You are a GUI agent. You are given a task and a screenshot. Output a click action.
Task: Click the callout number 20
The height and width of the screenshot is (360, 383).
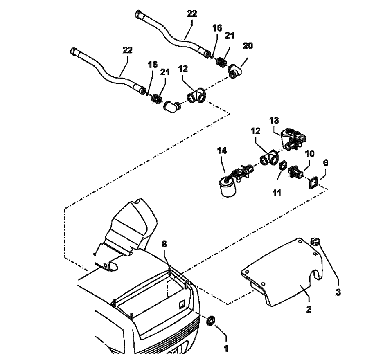(x=248, y=46)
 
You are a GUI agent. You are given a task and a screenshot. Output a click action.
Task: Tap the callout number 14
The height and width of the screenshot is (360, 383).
(x=222, y=151)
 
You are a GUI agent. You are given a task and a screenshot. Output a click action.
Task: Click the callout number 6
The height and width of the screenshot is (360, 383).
(x=325, y=163)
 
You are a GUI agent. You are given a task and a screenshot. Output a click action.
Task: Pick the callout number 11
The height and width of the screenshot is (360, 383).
(x=277, y=192)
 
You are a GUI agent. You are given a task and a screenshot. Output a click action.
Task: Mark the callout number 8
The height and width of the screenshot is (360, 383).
(x=164, y=244)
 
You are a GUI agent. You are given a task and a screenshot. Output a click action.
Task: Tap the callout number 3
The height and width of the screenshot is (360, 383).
(x=339, y=292)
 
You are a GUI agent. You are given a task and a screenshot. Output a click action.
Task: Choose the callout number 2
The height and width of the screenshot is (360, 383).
(x=309, y=309)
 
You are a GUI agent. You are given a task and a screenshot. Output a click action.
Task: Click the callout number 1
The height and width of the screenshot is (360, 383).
(x=225, y=349)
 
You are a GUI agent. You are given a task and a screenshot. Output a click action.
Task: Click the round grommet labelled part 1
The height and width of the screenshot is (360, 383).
(x=211, y=321)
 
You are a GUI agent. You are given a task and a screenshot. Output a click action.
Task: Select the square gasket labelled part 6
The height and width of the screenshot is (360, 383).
(x=313, y=182)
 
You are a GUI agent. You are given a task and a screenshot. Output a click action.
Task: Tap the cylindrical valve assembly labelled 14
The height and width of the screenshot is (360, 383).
(x=226, y=186)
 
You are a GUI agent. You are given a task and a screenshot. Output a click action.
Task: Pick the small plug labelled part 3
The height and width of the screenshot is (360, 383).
(x=315, y=242)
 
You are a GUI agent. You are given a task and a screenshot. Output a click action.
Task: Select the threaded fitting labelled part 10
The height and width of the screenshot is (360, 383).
(x=296, y=173)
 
